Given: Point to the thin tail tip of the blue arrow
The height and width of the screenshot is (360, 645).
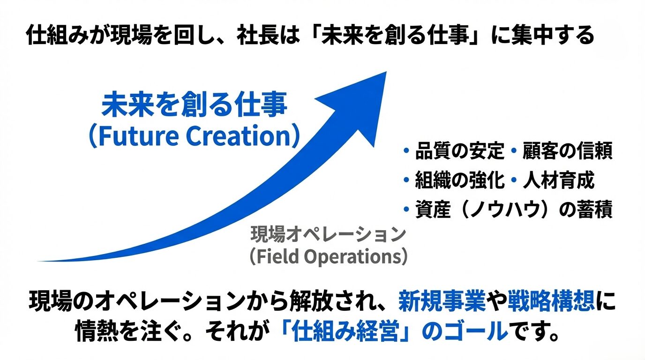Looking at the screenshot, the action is point(39,261).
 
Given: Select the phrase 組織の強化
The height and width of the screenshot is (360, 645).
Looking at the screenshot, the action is point(459,180).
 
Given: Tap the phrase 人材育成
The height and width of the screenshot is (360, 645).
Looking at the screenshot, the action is point(558,180).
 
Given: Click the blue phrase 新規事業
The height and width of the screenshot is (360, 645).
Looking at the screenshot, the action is point(442,301).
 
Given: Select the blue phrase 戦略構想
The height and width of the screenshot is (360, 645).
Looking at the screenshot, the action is point(551,301).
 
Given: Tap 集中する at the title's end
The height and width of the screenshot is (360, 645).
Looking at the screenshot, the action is point(551,36).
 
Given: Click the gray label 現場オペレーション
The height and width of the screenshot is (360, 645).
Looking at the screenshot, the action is point(328,234).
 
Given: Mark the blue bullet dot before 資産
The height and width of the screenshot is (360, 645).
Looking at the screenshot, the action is point(406,210).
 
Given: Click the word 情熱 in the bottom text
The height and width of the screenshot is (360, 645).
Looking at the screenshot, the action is point(97,331).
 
